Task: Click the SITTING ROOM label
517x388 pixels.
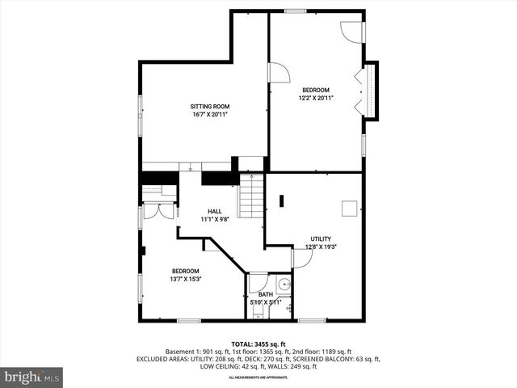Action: pos(210,106)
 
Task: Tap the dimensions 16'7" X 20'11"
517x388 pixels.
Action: pos(210,115)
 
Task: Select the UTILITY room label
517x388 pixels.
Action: pos(321,238)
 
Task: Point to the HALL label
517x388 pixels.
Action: pos(215,211)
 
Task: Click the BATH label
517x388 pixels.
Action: pos(266,294)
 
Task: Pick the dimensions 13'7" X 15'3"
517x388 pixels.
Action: pos(185,279)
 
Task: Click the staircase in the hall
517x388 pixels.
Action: pos(251,198)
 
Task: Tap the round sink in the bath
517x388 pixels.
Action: pos(284,284)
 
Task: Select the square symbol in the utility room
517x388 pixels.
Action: pos(350,209)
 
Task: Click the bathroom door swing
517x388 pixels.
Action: pos(258,283)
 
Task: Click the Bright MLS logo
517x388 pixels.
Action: pos(32,377)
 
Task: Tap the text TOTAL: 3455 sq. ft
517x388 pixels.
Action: pos(258,344)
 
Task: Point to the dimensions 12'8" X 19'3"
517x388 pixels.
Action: pos(321,247)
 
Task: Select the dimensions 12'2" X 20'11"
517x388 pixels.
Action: pos(316,98)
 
